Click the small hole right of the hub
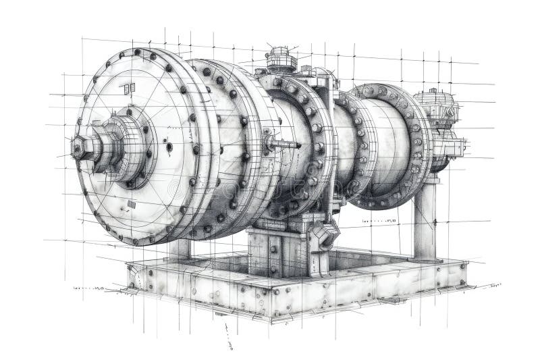169,147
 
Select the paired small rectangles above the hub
128,88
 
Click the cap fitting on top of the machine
281,59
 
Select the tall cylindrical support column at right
425,220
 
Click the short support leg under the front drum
180,249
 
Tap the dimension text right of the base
496,286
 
